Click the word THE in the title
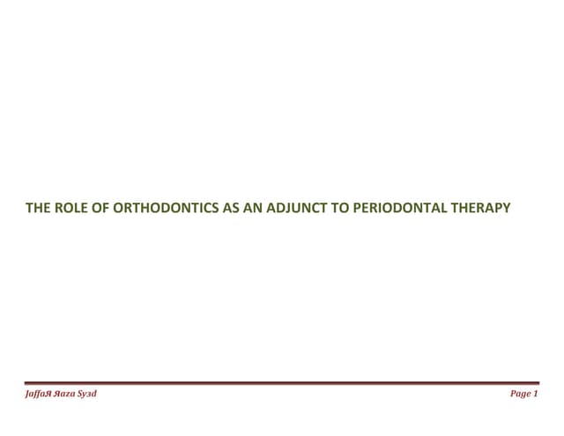click(x=38, y=210)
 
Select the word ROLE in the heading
click(x=68, y=210)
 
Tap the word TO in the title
click(x=311, y=210)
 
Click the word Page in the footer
click(x=521, y=394)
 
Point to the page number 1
click(x=536, y=394)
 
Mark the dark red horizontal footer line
click(x=282, y=383)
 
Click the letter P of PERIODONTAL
click(x=328, y=210)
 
